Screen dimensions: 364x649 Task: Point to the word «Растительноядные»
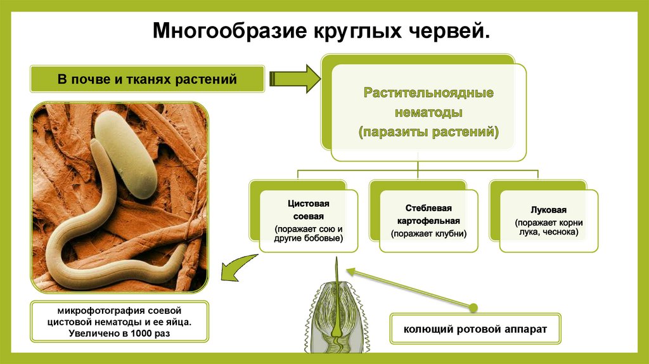(428, 93)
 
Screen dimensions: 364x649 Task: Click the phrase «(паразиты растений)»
(428, 133)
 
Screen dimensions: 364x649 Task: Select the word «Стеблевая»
(428, 208)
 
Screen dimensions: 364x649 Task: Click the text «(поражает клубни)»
(428, 233)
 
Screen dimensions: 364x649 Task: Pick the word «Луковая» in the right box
(548, 210)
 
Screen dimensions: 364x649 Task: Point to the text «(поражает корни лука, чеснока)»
(548, 228)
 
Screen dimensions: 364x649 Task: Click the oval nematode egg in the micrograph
(131, 153)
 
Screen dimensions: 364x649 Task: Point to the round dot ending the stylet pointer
(473, 308)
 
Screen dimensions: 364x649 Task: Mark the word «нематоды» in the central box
(428, 113)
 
